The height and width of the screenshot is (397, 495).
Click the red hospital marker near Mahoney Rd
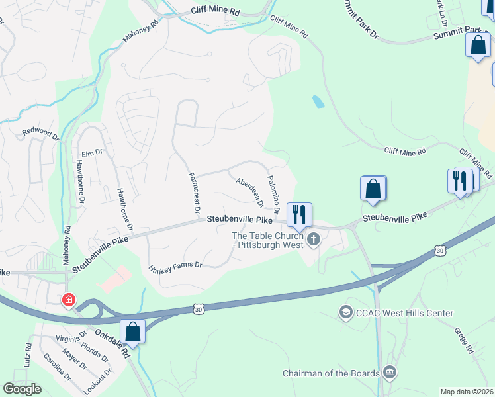[68, 301]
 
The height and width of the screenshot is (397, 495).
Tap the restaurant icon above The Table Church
[299, 214]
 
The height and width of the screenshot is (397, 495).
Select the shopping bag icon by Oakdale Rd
[133, 331]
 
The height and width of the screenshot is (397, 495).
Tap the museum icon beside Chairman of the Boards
[390, 373]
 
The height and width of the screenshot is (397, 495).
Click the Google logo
[22, 389]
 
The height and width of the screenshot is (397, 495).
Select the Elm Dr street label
[91, 153]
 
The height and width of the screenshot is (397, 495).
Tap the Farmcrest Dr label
[194, 193]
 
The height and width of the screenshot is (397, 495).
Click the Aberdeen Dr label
[250, 191]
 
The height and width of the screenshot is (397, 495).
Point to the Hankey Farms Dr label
[175, 267]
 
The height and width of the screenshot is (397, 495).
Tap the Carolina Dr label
[57, 367]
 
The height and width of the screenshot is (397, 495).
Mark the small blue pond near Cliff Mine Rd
[318, 102]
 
